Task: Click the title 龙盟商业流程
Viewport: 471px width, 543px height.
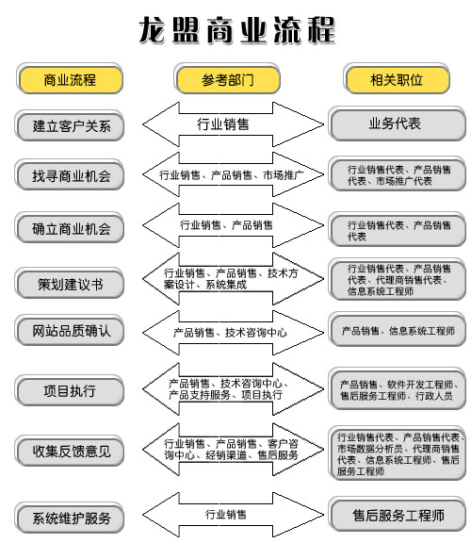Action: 237,30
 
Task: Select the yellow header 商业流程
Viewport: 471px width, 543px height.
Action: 70,79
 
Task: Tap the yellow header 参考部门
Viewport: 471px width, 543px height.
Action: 227,79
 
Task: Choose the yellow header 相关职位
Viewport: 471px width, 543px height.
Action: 397,79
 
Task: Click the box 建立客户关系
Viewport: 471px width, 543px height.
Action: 70,125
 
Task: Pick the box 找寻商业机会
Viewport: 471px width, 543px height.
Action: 70,175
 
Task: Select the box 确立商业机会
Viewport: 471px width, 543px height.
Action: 70,228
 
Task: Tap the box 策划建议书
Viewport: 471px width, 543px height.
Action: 70,284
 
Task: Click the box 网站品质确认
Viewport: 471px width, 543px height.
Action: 70,331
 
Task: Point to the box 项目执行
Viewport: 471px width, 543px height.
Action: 70,390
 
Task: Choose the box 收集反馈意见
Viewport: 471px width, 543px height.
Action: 70,451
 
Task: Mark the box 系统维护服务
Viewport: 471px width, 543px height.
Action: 70,518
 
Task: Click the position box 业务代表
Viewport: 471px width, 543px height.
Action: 397,123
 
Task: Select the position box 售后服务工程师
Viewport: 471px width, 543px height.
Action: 397,515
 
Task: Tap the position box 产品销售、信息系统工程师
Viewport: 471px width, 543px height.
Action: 397,330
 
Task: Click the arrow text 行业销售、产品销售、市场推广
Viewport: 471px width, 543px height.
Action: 231,175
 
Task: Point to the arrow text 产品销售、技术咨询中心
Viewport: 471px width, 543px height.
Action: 230,333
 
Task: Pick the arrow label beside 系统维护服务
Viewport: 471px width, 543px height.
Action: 226,515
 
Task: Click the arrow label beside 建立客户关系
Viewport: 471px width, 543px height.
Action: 223,124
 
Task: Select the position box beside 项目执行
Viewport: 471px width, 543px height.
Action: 397,389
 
